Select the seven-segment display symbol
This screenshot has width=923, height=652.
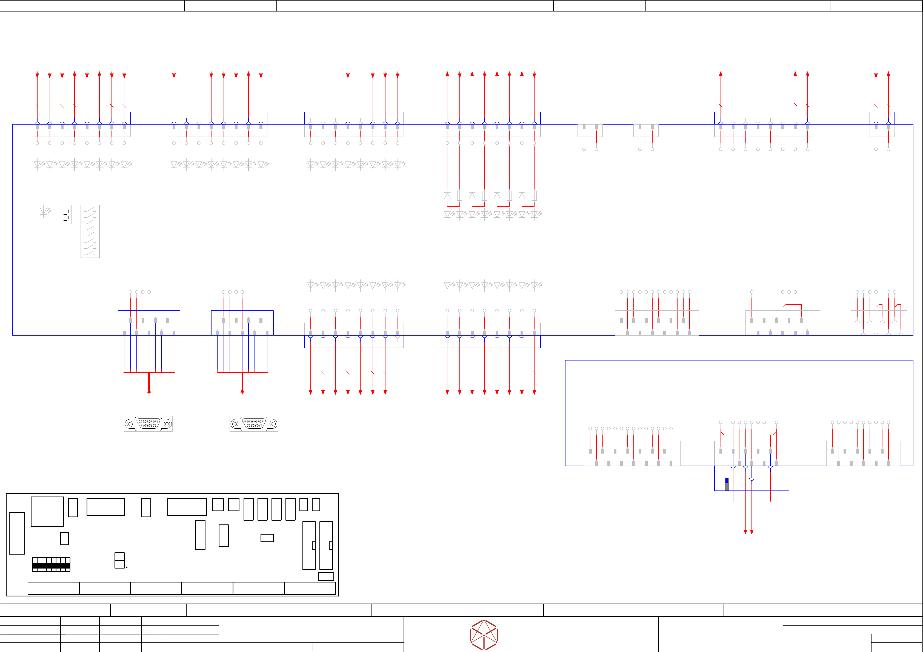tap(65, 215)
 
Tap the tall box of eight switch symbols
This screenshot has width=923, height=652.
tap(90, 231)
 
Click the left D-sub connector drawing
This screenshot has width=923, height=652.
tap(148, 424)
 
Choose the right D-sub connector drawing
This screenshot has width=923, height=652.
tap(254, 424)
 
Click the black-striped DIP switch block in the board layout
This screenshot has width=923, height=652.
tap(51, 564)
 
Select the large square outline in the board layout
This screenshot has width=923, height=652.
tap(47, 511)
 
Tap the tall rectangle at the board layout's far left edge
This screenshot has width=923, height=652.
tap(17, 533)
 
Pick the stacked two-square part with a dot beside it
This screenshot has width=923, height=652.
tap(119, 560)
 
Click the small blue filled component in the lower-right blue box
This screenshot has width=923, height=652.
tap(727, 481)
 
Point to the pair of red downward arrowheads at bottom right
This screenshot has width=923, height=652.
tap(748, 532)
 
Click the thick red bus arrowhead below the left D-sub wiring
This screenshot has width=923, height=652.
tap(149, 391)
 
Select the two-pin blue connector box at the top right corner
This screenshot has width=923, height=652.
tap(882, 125)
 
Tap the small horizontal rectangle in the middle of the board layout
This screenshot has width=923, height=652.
tap(267, 538)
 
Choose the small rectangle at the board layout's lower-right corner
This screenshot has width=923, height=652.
tap(326, 576)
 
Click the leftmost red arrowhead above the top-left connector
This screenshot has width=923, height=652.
tap(37, 75)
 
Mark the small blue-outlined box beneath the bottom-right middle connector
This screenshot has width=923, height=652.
tap(751, 478)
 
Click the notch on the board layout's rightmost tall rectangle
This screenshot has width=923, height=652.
tap(330, 546)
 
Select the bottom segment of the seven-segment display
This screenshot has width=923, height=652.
tap(65, 221)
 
